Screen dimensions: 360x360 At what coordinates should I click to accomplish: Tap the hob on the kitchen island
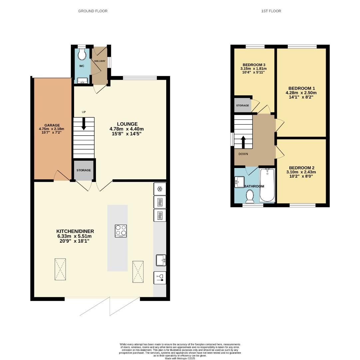pos(121,231)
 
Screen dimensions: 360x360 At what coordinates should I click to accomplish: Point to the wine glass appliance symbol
pos(160,278)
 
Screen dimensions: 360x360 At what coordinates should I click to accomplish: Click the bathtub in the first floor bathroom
pos(267,185)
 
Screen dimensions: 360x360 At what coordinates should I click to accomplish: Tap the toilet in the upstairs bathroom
pos(250,196)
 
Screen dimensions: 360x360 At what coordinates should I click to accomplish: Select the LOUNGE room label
pos(127,124)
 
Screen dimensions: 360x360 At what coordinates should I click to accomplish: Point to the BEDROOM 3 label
pos(254,65)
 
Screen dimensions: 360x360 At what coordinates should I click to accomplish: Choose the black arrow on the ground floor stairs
pos(84,123)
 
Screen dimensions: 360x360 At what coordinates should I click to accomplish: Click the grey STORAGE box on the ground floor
pos(84,170)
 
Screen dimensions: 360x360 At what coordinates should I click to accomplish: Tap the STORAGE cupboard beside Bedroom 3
pos(242,106)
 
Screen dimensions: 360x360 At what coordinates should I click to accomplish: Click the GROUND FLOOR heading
pos(93,11)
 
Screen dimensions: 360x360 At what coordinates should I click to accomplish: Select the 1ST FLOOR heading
pos(271,11)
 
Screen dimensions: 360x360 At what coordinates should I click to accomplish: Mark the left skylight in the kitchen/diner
pos(61,270)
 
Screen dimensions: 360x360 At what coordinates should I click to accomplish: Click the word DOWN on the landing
pos(243,154)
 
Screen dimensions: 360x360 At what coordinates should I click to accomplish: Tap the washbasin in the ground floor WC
pos(82,80)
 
